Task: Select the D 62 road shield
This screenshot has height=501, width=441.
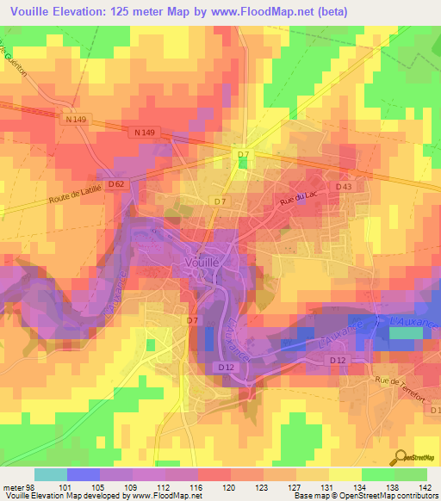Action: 118,183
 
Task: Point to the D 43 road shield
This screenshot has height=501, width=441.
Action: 344,187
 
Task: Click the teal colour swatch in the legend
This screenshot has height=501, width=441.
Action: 51,474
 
